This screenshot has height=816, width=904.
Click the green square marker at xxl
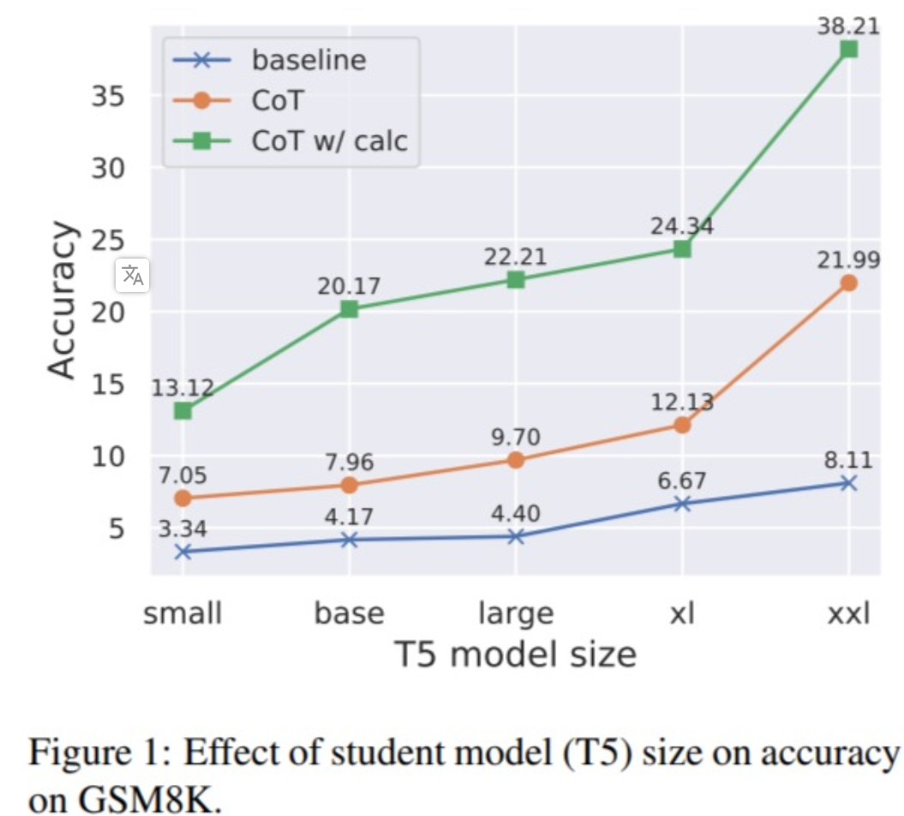[848, 50]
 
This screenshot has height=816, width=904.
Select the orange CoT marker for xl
[682, 425]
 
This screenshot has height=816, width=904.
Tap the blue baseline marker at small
[183, 551]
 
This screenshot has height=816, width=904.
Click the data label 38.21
[848, 26]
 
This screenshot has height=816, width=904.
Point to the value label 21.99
[848, 259]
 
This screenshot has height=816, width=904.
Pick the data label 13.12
[183, 388]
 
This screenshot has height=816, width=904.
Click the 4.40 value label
[516, 514]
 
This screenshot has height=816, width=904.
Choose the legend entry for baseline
[308, 60]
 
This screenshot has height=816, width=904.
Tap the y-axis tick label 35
[108, 96]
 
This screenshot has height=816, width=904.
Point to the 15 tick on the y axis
[108, 384]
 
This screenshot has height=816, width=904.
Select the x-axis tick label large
[516, 614]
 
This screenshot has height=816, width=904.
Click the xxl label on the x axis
[848, 614]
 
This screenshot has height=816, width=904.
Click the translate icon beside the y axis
[133, 275]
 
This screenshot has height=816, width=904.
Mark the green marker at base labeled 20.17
[349, 309]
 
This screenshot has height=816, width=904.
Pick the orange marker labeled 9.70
[516, 460]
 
